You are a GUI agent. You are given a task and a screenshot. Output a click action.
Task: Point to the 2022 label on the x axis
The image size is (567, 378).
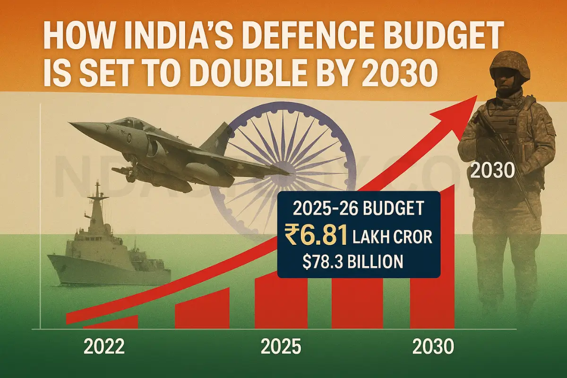pyautogui.click(x=104, y=347)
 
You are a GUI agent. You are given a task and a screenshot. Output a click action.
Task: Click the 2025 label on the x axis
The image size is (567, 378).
pyautogui.click(x=281, y=347)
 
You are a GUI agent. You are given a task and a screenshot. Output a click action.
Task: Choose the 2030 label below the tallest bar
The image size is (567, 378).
pyautogui.click(x=433, y=347)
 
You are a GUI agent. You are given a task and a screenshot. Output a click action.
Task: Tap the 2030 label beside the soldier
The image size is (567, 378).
pyautogui.click(x=492, y=171)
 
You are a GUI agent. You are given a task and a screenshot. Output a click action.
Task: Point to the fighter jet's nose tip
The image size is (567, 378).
pyautogui.click(x=71, y=124)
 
